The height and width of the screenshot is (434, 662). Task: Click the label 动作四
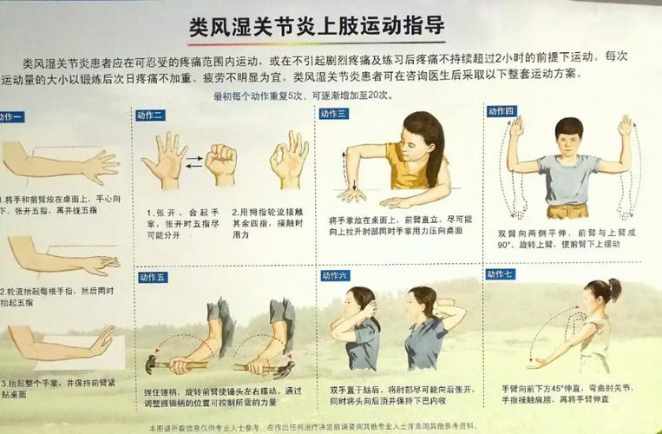[x=501, y=111]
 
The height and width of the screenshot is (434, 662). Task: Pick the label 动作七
[x=501, y=274]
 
